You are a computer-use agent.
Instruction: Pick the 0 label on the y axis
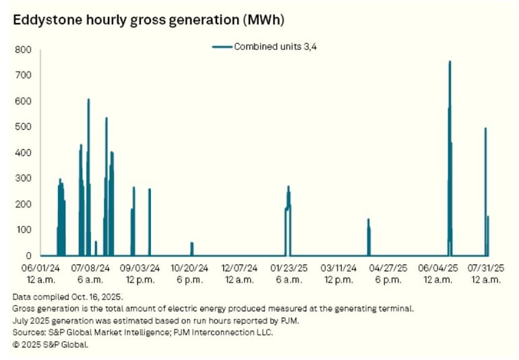pyautogui.click(x=28, y=256)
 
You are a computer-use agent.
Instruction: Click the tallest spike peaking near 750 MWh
pyautogui.click(x=450, y=63)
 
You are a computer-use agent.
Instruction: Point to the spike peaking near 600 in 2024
pyautogui.click(x=88, y=101)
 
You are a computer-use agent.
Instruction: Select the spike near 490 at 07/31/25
pyautogui.click(x=485, y=129)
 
